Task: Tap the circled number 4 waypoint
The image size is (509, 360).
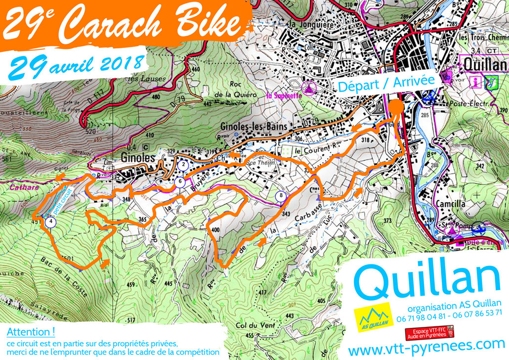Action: pyautogui.click(x=51, y=222)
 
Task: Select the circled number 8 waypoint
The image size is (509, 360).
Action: pyautogui.click(x=281, y=196)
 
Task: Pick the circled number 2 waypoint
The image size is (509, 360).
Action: pyautogui.click(x=183, y=165)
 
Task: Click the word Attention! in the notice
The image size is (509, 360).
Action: pyautogui.click(x=31, y=331)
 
